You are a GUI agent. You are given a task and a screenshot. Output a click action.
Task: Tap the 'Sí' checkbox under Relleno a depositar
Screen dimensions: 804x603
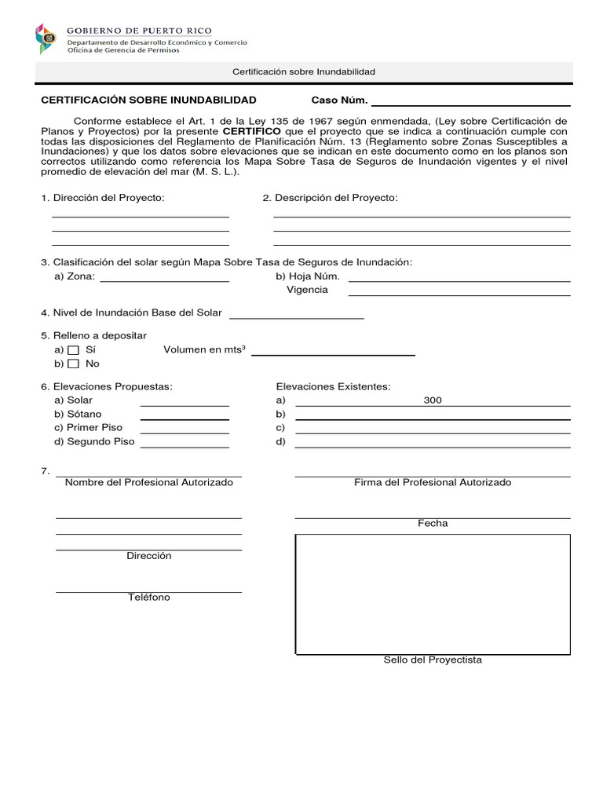pos(73,350)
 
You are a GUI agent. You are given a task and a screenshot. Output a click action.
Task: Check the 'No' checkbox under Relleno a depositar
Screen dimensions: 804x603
pos(73,364)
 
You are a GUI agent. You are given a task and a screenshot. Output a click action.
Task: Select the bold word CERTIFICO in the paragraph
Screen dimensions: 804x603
pos(251,131)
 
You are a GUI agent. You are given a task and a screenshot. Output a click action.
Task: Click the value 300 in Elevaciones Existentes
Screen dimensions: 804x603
pos(433,400)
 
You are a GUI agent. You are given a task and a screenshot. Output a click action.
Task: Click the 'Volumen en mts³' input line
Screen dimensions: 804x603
pos(332,353)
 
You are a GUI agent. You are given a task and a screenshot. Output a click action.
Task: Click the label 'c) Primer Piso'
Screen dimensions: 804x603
pos(89,428)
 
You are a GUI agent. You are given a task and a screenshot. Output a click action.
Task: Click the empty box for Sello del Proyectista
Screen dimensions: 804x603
pos(433,594)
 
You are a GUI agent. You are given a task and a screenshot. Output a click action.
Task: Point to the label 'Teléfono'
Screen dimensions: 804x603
pos(149,598)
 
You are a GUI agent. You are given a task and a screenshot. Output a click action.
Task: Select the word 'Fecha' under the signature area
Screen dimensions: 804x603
pos(433,524)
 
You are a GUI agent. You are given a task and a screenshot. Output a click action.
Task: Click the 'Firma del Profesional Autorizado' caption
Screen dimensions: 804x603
pos(433,482)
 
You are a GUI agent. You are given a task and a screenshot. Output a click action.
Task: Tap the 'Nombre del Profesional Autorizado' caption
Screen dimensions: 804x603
pos(149,482)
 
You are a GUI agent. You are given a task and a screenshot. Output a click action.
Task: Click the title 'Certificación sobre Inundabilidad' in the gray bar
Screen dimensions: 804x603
pos(303,72)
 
